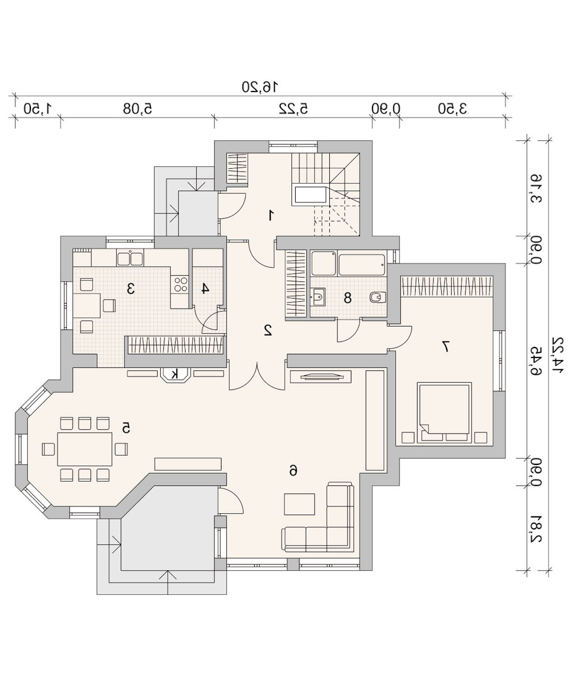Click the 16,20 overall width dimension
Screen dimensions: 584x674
(260, 87)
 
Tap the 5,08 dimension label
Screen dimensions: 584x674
(137, 108)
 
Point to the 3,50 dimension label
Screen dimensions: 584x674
(452, 108)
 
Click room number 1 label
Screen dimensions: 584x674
(271, 215)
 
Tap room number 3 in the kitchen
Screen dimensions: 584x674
(131, 288)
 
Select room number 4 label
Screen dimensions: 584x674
(205, 288)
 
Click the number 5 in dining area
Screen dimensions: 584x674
(126, 428)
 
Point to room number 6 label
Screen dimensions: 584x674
(293, 471)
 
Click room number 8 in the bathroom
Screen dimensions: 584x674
(348, 297)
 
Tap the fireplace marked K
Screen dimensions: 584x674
(174, 374)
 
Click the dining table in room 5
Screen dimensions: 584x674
(85, 449)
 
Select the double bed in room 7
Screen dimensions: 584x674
(443, 412)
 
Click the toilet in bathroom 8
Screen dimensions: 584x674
(378, 297)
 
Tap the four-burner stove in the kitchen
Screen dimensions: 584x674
(180, 283)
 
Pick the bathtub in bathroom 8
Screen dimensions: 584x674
(362, 265)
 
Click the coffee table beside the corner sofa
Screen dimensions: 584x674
(299, 504)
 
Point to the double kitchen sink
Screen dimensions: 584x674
(130, 258)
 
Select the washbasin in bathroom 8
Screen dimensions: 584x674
(318, 297)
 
